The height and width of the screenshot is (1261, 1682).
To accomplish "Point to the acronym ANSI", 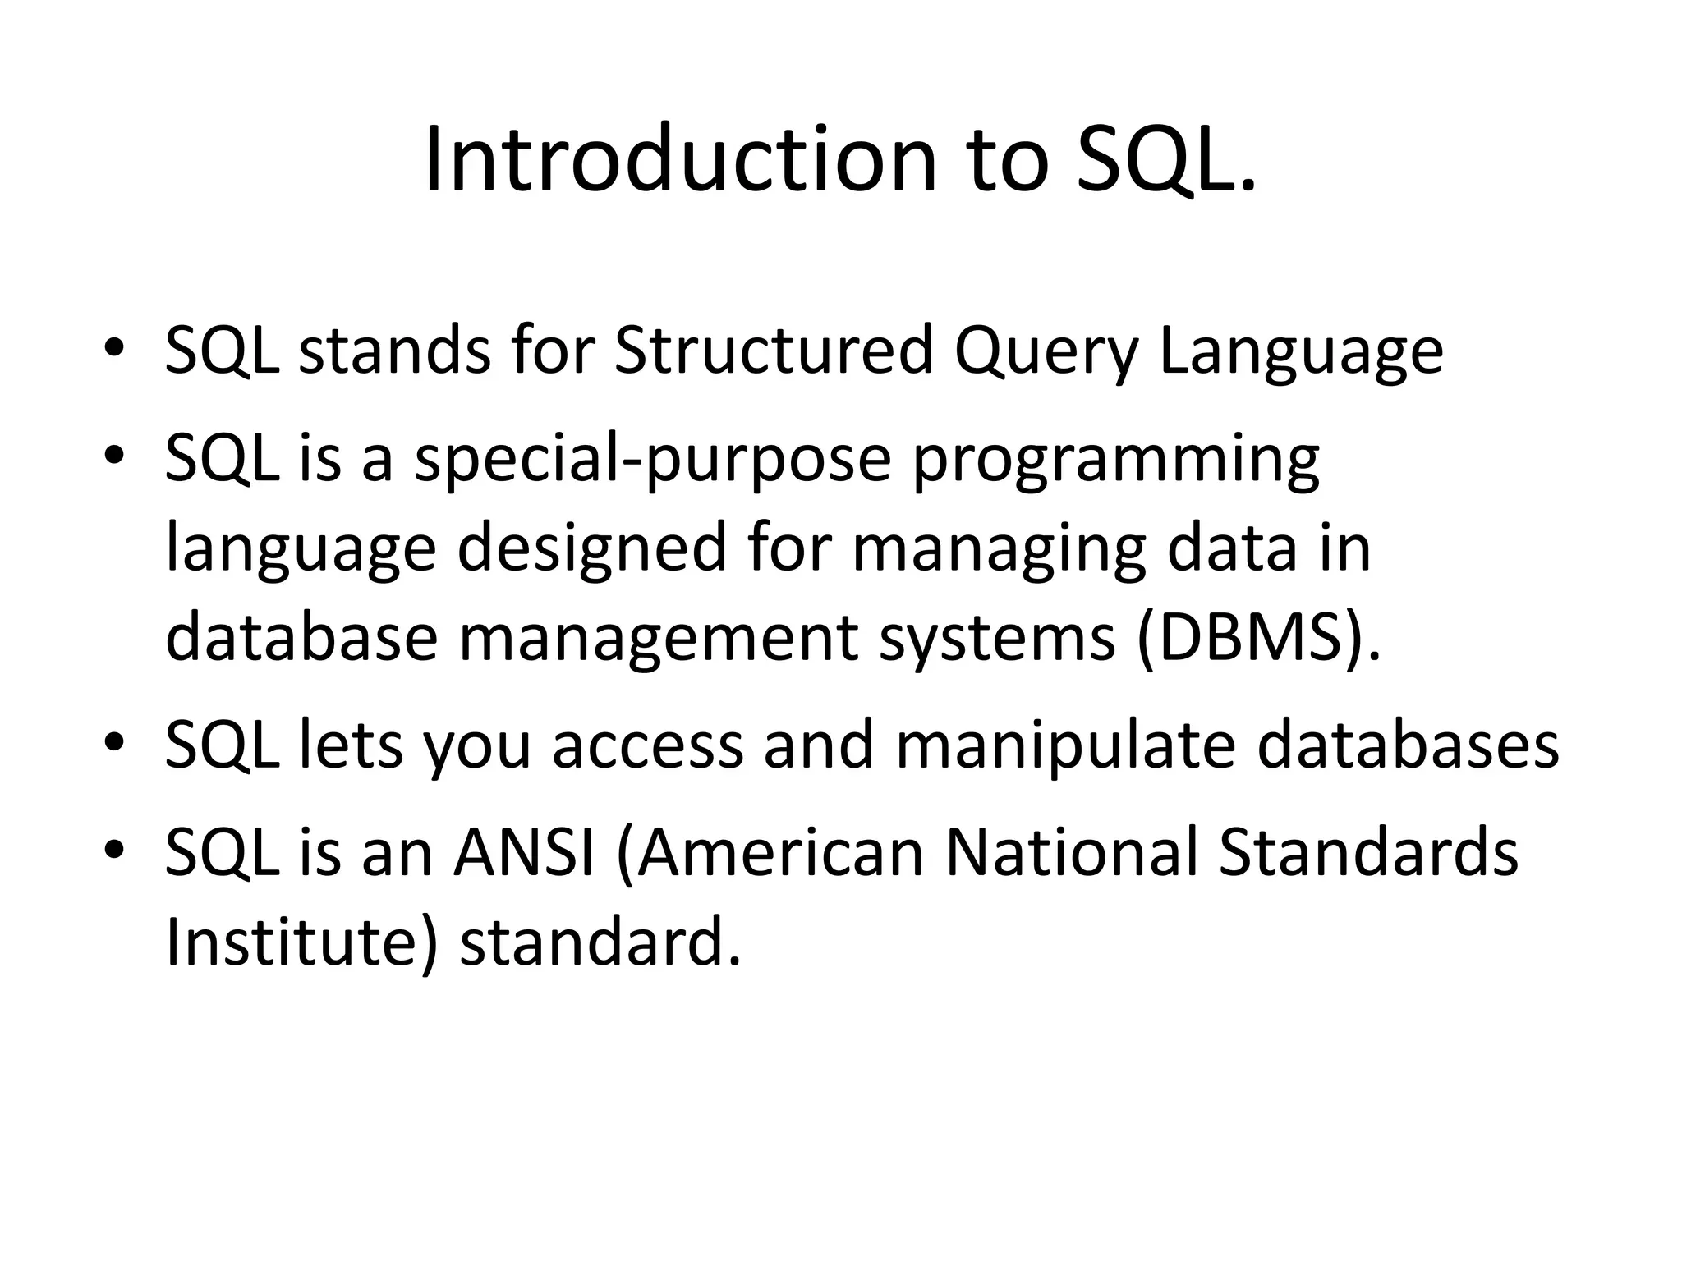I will [x=524, y=852].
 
